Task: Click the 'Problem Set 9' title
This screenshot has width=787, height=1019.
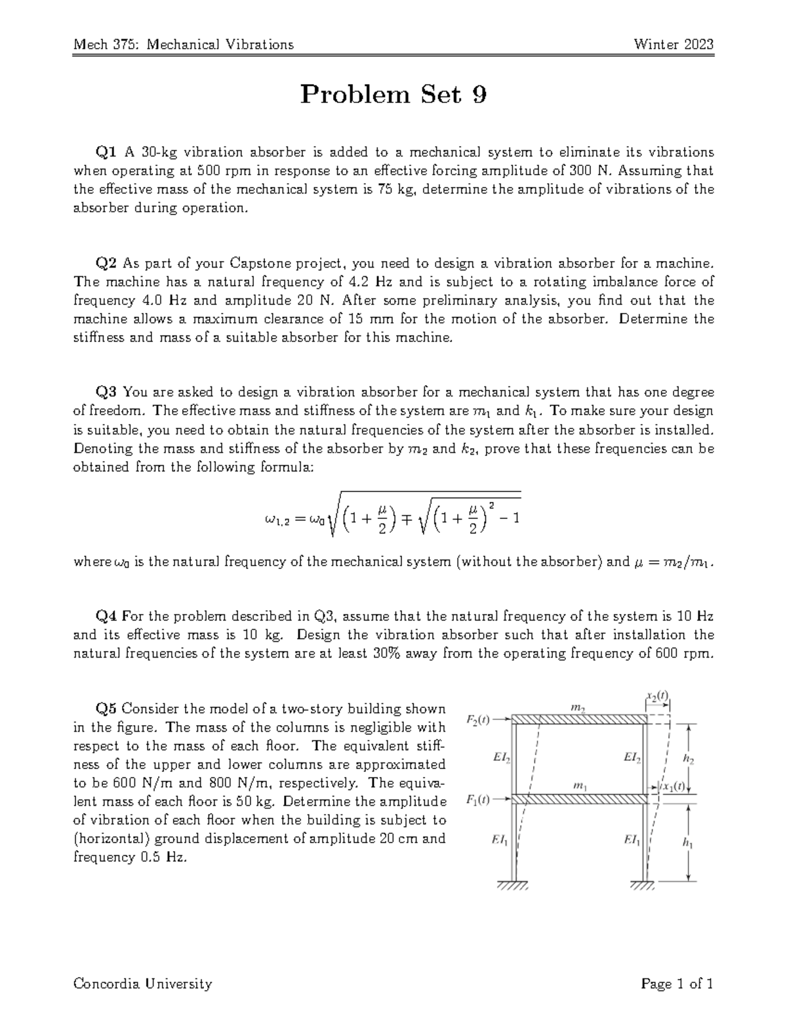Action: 393,96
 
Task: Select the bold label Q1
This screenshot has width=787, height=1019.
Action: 106,152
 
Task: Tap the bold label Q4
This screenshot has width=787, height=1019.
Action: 106,616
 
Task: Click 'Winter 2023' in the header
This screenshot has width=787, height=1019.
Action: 673,45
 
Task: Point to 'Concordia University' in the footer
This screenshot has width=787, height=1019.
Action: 143,983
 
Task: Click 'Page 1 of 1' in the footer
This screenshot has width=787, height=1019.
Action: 677,983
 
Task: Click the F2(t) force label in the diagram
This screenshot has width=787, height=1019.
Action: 478,719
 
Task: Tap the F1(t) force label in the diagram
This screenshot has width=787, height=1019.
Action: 478,799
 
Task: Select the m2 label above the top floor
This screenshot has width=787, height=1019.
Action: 578,707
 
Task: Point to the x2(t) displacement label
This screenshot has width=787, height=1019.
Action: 657,696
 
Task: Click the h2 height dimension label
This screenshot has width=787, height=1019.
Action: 688,759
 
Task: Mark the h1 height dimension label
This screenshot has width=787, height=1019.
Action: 688,845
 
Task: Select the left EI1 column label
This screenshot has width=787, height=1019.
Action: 500,839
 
